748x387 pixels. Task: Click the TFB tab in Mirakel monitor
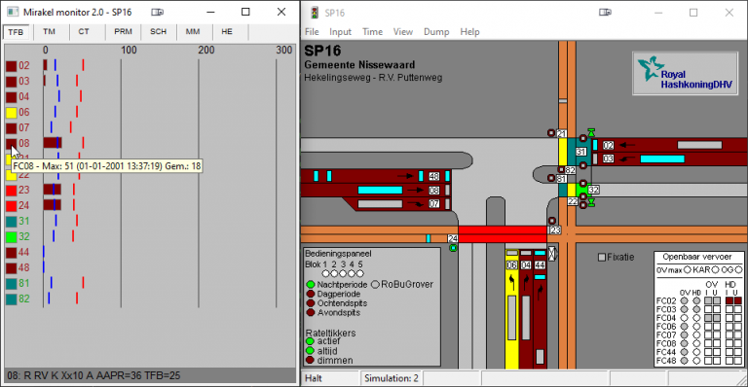point(16,32)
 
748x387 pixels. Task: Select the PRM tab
point(123,32)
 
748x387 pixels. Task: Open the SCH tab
point(158,32)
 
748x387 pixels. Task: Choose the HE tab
point(228,32)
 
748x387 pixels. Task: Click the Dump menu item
point(436,31)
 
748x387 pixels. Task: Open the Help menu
point(469,31)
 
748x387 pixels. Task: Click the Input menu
point(341,31)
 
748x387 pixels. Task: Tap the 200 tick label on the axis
point(206,50)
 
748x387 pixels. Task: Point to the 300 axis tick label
point(283,50)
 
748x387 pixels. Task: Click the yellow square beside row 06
point(12,113)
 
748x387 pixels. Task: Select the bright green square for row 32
point(12,236)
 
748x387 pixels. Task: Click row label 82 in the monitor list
point(25,299)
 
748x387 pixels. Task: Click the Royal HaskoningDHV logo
point(680,73)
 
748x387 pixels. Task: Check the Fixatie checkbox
point(602,258)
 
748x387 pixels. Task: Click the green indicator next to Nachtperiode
point(311,284)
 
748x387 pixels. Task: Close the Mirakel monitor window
point(276,12)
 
